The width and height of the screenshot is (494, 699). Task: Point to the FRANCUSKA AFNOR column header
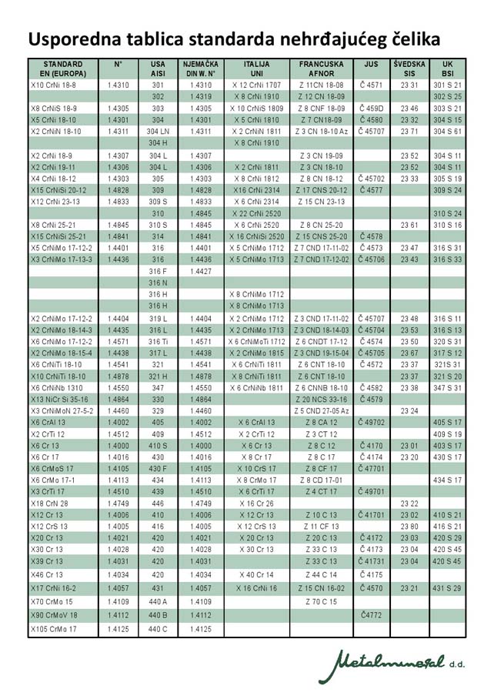[x=322, y=67]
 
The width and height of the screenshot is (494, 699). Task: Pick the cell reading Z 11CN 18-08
[x=322, y=85]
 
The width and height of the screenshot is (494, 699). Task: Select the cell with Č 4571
[x=371, y=85]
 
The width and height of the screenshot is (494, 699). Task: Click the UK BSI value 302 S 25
[x=447, y=97]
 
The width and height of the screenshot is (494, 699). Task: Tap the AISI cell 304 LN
[x=159, y=132]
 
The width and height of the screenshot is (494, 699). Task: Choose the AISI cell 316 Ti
[x=159, y=341]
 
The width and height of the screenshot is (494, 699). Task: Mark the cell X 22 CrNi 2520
[x=257, y=212]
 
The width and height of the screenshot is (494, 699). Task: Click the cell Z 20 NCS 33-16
[x=322, y=400]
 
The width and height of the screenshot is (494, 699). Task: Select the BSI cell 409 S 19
[x=447, y=434]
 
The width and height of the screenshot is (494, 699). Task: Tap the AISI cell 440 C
[x=159, y=629]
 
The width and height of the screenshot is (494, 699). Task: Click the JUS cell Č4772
[x=371, y=615]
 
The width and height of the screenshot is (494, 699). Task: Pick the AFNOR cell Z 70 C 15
[x=322, y=601]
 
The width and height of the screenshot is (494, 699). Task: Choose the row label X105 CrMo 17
[x=53, y=629]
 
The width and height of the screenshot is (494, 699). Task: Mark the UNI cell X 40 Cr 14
[x=257, y=574]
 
